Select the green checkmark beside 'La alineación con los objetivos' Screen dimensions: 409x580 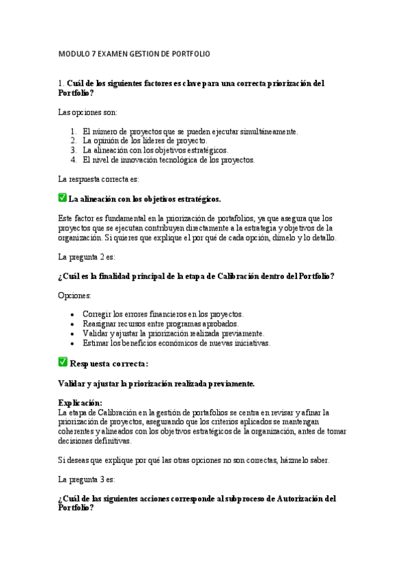click(x=63, y=198)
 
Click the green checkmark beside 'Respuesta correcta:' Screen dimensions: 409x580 click(x=63, y=362)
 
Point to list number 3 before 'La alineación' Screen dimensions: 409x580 click(x=74, y=150)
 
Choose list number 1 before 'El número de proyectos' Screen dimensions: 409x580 click(x=74, y=131)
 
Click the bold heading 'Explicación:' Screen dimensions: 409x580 click(x=81, y=403)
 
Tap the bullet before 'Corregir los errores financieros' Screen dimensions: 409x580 click(x=73, y=314)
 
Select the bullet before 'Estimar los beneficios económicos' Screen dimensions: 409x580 click(x=73, y=343)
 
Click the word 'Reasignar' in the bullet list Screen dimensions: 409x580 click(x=100, y=324)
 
